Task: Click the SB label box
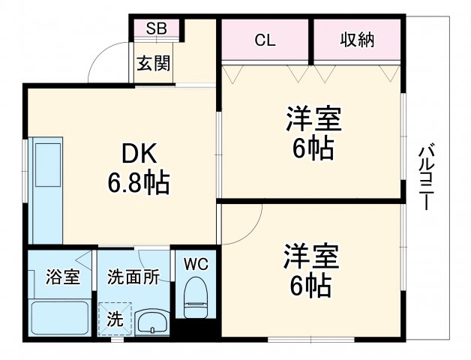coord(157,28)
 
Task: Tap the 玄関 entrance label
coord(153,62)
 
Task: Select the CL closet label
coord(265,40)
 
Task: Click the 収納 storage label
coord(357,40)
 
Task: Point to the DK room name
coord(139,154)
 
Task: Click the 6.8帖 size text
coord(139,181)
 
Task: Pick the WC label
coord(196,263)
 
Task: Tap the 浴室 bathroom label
coord(62,277)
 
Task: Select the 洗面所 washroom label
coord(133,277)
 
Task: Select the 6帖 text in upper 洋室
coord(313,148)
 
